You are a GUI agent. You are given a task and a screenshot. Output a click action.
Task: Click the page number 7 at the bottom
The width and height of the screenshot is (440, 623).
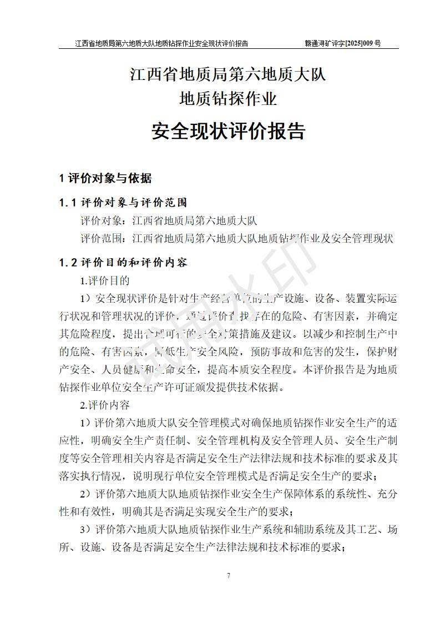tap(228, 575)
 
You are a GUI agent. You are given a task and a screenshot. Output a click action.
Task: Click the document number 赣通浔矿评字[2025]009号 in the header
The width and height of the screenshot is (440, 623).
tap(343, 43)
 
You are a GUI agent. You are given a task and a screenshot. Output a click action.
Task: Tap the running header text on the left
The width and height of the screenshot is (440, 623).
tap(161, 43)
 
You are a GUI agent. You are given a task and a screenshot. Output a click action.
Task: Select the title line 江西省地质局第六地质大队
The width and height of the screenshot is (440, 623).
tap(228, 75)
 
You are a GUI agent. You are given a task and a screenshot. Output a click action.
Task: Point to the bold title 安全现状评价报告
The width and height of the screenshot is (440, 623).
tap(228, 131)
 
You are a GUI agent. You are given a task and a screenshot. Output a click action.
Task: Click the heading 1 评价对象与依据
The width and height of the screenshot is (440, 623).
tap(105, 179)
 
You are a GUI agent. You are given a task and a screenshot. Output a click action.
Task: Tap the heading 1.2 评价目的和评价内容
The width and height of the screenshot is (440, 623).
tap(123, 262)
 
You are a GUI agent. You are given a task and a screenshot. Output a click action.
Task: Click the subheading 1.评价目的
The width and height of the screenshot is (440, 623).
tap(105, 280)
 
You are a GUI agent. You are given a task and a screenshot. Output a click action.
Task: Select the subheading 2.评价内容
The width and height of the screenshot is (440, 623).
tap(105, 405)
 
